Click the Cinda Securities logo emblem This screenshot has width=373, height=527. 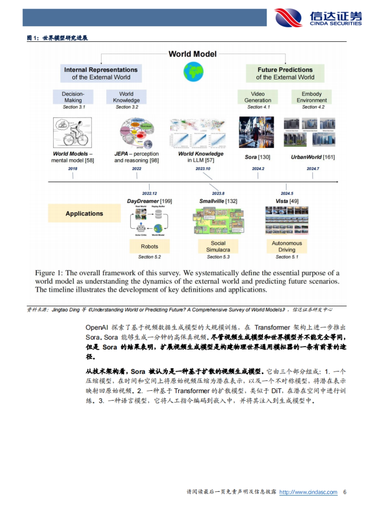point(288,18)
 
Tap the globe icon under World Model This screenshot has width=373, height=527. point(193,72)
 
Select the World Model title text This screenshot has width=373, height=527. point(192,54)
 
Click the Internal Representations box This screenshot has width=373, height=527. point(101,74)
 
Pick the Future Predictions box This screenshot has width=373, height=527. point(285,74)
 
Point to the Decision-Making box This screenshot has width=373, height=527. point(73,97)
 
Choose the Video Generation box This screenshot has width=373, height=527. point(258,97)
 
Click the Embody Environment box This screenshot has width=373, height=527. point(311,97)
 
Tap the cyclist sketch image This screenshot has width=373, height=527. point(72,133)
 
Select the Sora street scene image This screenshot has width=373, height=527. point(256,132)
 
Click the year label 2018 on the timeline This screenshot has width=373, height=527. point(73,169)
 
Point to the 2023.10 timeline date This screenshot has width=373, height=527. point(203,169)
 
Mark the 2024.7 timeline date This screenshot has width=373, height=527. point(313,169)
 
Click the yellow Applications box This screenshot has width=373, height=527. point(84,213)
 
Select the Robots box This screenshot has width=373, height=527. point(150,246)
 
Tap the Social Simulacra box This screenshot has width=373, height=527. point(218,246)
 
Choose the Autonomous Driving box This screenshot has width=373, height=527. point(287,246)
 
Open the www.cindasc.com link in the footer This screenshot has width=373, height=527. point(308,492)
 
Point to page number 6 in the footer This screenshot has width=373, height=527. point(345,492)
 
